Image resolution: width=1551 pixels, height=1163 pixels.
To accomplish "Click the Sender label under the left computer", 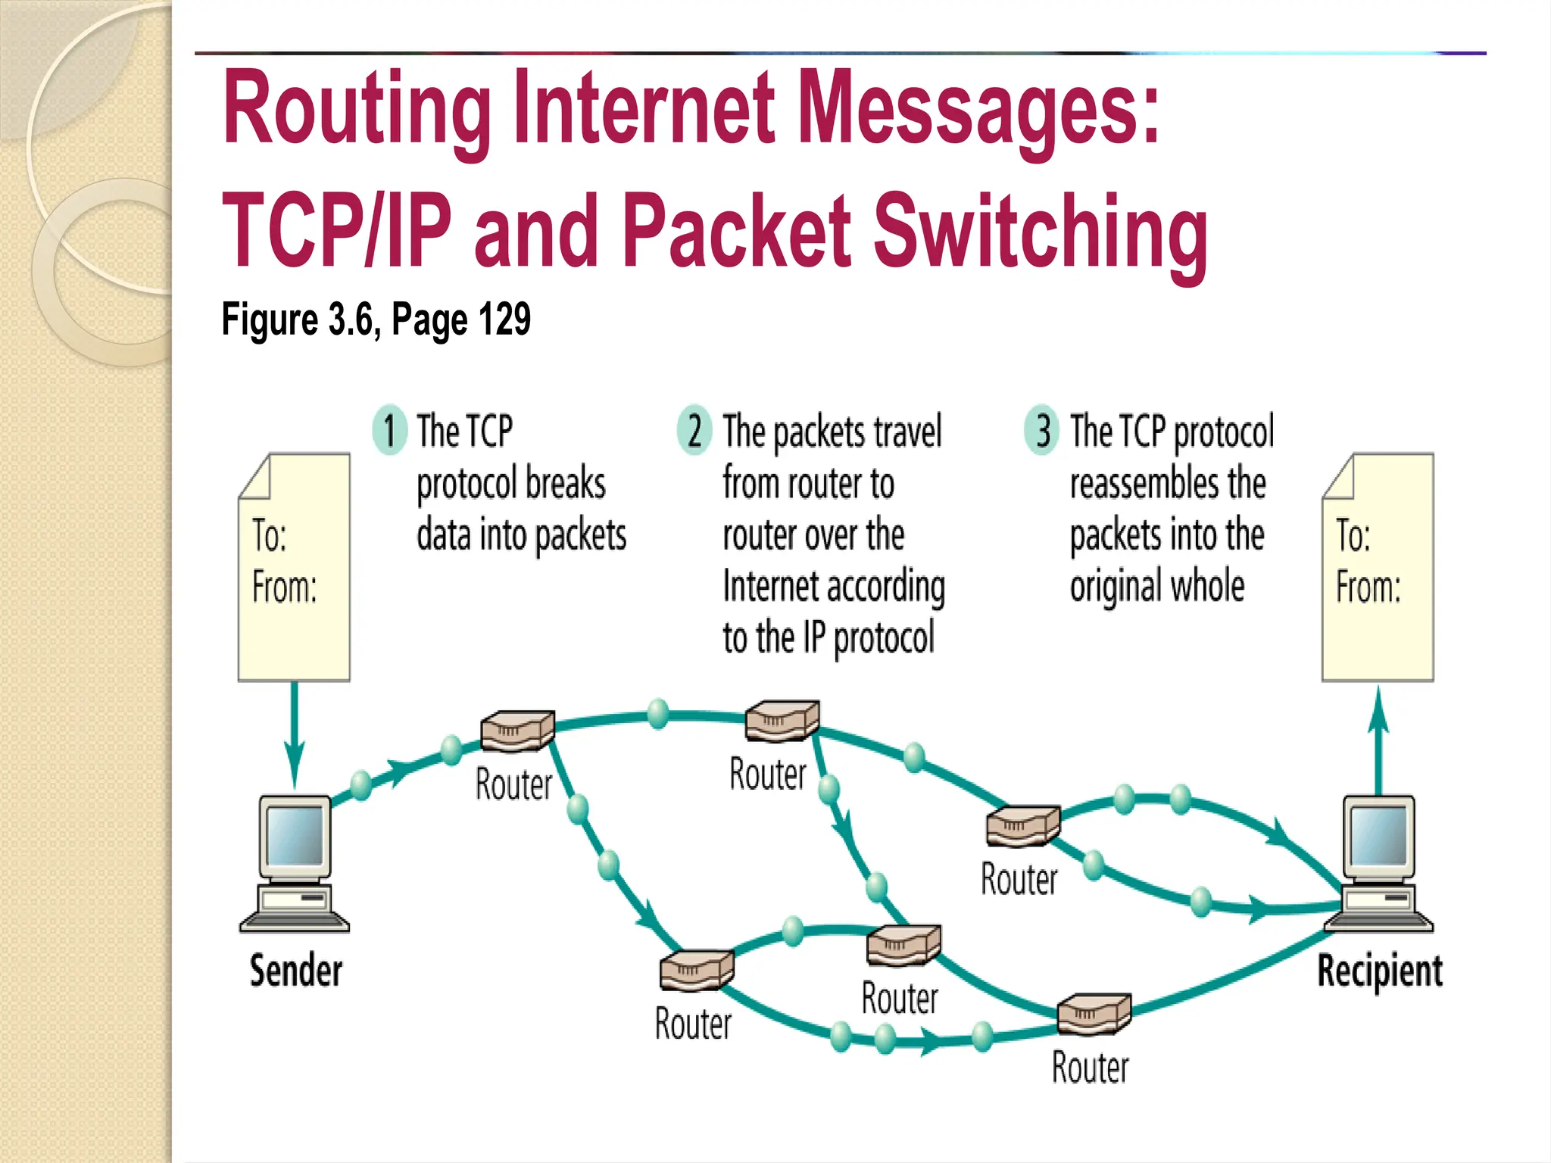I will click(x=296, y=971).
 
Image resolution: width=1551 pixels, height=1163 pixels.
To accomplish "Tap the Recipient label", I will click(x=1380, y=971).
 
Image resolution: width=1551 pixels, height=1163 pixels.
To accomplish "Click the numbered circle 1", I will click(x=390, y=429).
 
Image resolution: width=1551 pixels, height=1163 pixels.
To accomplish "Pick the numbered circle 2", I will click(x=694, y=429).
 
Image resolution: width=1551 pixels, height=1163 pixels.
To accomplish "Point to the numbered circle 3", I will click(x=1042, y=429).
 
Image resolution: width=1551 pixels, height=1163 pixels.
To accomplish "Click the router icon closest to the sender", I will click(x=518, y=730).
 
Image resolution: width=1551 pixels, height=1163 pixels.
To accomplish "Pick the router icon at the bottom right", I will click(x=1094, y=1014).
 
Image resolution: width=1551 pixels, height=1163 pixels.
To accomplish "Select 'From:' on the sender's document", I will click(x=285, y=587).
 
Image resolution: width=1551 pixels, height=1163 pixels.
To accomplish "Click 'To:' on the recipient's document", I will click(x=1353, y=535).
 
